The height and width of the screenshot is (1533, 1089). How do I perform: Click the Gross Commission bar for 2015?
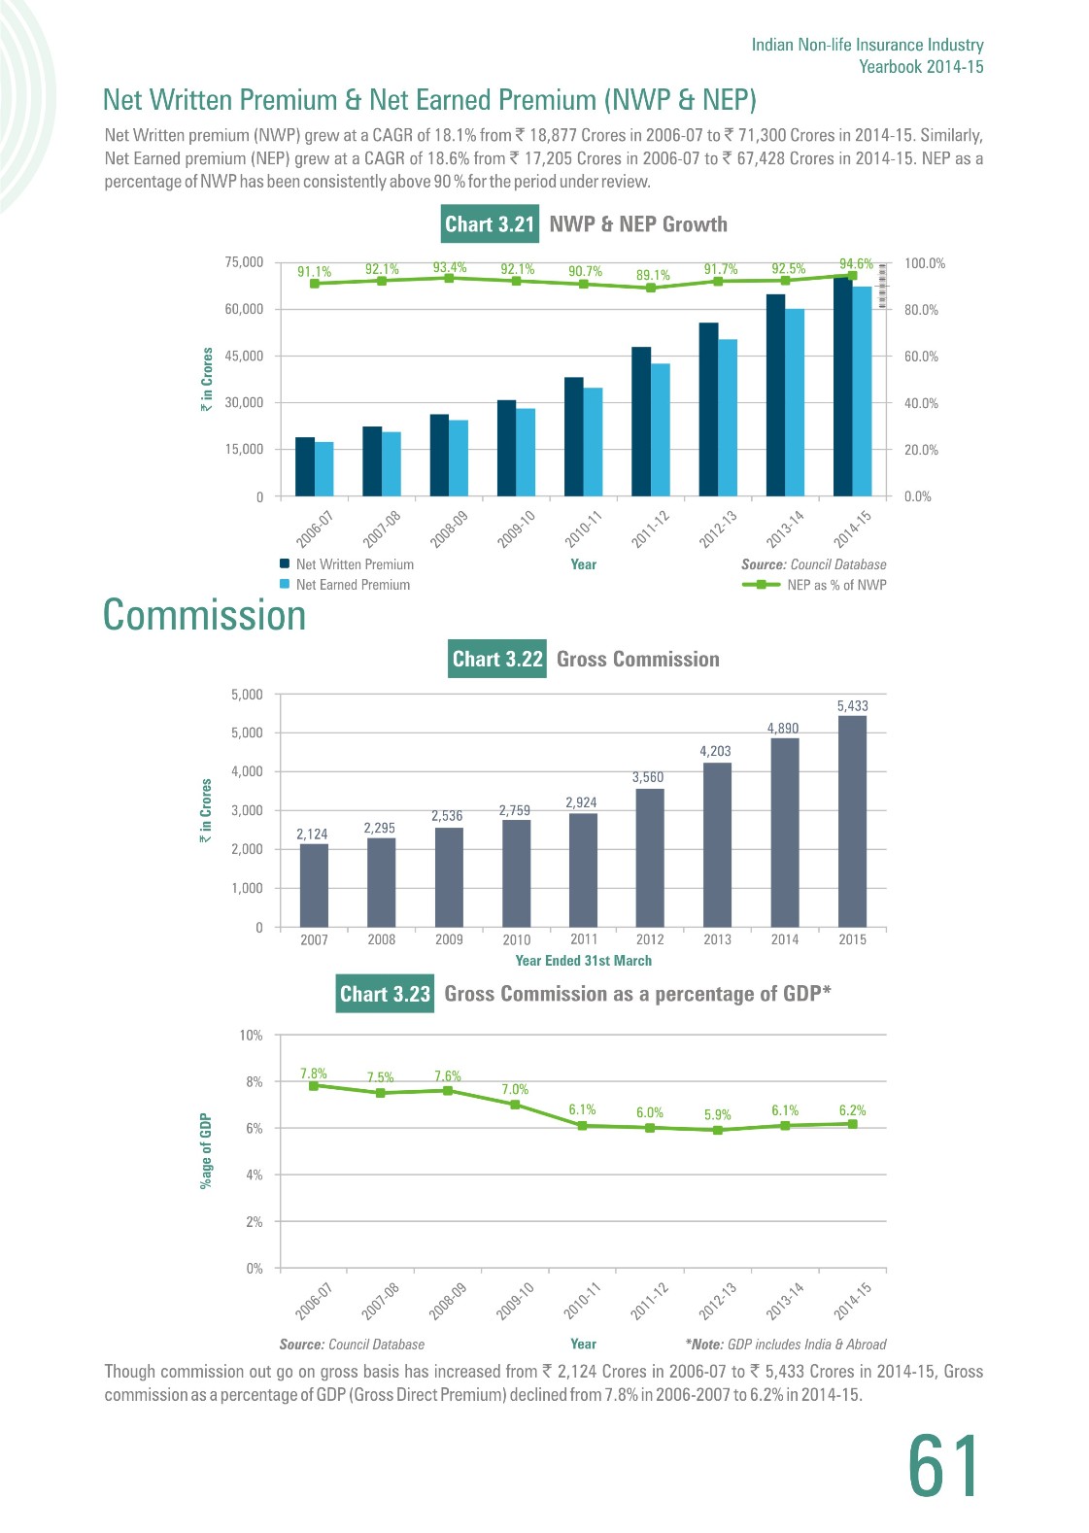852,821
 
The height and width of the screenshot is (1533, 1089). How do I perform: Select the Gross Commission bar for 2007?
314,886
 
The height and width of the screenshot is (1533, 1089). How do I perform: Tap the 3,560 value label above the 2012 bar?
648,777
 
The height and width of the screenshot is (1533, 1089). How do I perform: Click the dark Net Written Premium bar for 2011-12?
641,422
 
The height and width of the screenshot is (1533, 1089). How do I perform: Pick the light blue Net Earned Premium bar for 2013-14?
795,402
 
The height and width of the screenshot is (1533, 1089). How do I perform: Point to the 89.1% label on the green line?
653,275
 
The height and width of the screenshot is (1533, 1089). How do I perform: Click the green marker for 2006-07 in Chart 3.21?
314,284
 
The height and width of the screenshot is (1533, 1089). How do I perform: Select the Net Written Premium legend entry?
347,564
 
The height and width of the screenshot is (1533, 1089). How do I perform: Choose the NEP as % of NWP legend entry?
814,585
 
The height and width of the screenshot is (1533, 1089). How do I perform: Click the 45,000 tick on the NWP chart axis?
244,356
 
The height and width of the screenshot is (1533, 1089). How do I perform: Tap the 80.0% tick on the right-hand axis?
921,310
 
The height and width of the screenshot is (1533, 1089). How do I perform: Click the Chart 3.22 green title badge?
497,659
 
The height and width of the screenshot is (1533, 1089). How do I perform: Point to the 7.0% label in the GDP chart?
515,1089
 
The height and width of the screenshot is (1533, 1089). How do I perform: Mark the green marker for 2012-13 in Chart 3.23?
717,1130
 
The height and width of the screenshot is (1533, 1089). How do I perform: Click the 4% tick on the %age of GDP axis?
254,1175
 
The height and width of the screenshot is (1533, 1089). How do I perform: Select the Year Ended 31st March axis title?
583,960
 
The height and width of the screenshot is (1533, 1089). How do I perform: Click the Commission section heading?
204,615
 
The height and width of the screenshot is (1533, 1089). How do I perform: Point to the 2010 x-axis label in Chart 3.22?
516,939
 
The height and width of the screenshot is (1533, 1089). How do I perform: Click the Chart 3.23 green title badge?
386,994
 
